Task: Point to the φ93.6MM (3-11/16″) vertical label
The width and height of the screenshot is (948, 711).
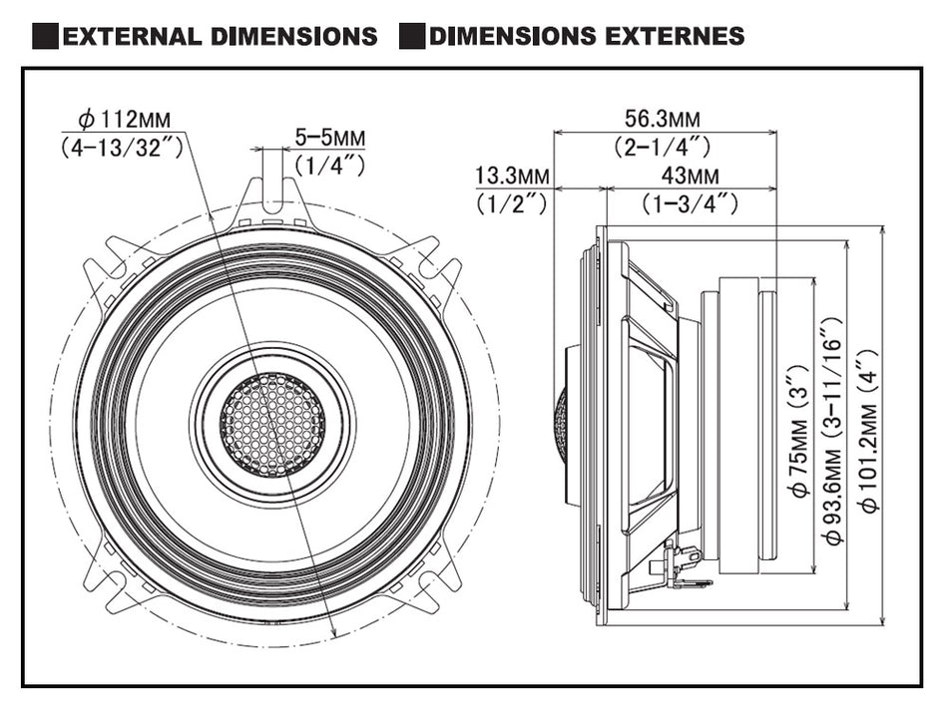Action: click(x=832, y=429)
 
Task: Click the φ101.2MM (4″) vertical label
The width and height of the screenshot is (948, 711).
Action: click(x=869, y=429)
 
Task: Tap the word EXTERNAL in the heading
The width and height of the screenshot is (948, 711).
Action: click(x=134, y=37)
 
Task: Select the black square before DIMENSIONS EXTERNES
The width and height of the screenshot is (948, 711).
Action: click(x=411, y=37)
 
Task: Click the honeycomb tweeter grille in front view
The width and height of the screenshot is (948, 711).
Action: click(x=272, y=425)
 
